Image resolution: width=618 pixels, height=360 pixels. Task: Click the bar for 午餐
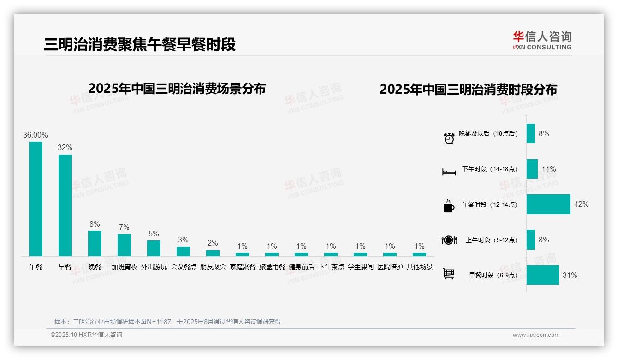point(36,198)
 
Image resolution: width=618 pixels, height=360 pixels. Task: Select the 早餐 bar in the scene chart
point(65,205)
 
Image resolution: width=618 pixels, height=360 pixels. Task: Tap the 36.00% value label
point(36,135)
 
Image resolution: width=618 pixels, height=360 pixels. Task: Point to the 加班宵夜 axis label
point(124,267)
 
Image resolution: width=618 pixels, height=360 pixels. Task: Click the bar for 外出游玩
point(154,248)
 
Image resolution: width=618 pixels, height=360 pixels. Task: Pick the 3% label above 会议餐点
point(183,240)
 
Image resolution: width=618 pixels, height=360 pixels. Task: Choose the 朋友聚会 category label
point(213,267)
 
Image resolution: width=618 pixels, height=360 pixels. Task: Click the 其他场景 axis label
point(419,267)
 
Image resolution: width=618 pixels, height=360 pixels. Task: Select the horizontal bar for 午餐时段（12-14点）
point(548,204)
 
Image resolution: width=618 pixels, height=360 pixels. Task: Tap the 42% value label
point(581,204)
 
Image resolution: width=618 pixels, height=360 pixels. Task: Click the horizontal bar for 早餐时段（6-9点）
point(542,275)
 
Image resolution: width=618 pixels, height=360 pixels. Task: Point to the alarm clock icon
point(449,138)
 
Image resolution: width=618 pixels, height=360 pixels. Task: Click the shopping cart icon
point(449,274)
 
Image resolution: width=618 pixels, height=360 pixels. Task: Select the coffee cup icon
point(449,206)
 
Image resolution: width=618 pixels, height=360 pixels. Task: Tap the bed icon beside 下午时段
point(449,172)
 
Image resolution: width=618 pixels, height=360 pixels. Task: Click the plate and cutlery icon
point(449,240)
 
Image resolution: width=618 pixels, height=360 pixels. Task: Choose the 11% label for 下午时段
point(549,169)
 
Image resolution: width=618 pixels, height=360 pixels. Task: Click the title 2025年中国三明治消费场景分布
point(177,89)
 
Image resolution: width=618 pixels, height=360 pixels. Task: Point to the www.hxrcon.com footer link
point(536,335)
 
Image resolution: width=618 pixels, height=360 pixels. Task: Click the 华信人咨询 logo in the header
point(542,40)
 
